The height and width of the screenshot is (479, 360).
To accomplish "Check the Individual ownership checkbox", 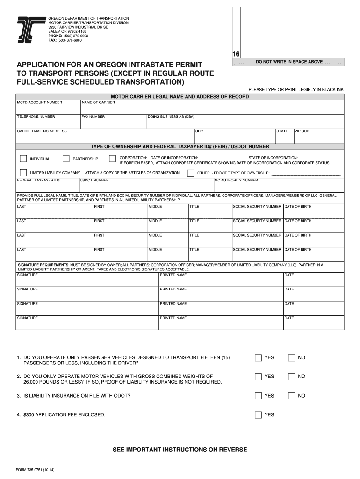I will (x=23, y=159).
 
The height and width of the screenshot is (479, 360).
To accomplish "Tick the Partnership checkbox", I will (x=66, y=159).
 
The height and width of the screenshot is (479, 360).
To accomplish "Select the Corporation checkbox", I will (x=112, y=159).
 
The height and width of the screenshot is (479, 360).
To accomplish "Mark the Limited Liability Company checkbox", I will (x=23, y=173).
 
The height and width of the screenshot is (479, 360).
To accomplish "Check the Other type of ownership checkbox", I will (x=190, y=173).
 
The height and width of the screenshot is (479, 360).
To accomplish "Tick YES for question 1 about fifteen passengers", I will (x=258, y=358).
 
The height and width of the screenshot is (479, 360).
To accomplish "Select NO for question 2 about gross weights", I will (x=292, y=377).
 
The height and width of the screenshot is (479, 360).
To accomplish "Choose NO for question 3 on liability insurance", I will (x=292, y=396).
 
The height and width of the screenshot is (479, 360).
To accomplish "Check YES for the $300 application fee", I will (x=258, y=415).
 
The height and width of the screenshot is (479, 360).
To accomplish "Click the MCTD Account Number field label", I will (x=39, y=102).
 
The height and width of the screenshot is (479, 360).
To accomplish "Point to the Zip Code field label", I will (x=303, y=131).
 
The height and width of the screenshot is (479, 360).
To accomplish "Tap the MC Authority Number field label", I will (x=236, y=180).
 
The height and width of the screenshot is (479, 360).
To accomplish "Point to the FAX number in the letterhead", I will (x=65, y=40).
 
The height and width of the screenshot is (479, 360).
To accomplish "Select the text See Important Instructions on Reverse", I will (x=180, y=450).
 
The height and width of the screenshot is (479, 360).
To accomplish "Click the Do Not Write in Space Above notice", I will (x=288, y=62).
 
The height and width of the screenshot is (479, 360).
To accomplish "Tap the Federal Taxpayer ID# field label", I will (x=38, y=180).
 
